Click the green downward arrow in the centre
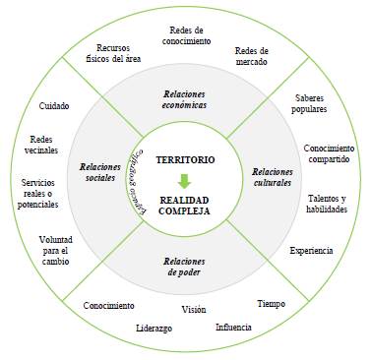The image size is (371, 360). point(185,179)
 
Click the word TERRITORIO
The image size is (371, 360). point(185,158)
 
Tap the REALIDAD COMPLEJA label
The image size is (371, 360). point(184,204)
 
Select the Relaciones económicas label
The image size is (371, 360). point(185,98)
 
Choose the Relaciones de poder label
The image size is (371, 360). point(184,266)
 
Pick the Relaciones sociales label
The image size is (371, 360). point(100,172)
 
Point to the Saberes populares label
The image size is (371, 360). point(318,105)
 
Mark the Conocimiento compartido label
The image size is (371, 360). point(329,154)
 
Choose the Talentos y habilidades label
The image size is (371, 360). point(327,204)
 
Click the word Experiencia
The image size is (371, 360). point(311,251)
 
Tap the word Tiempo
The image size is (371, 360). point(271,304)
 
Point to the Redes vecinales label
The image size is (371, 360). point(43,146)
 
